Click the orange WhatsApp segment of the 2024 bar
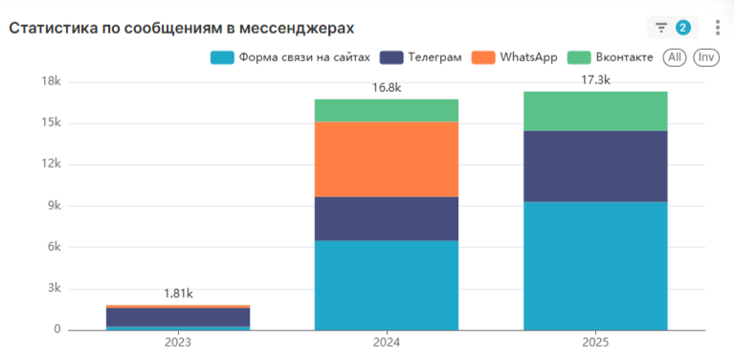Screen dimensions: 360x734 click(x=387, y=159)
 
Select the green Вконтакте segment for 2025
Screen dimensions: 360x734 click(x=595, y=111)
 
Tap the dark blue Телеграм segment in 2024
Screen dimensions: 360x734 click(x=387, y=218)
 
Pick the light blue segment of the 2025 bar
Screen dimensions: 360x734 click(x=595, y=265)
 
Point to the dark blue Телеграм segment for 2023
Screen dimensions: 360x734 click(x=178, y=317)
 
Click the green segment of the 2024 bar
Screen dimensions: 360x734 click(x=387, y=110)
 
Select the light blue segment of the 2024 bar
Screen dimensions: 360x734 click(x=387, y=284)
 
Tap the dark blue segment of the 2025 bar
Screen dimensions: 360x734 click(x=595, y=166)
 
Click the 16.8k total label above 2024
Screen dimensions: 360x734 click(x=387, y=88)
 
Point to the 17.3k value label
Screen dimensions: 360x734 click(x=595, y=80)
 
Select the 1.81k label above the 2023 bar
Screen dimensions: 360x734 click(x=178, y=294)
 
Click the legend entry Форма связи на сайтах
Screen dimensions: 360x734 click(x=290, y=57)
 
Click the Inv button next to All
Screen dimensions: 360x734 click(x=706, y=57)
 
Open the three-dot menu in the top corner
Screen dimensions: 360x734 click(x=718, y=28)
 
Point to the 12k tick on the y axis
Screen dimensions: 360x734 click(x=48, y=165)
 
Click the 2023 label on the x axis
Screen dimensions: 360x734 click(x=178, y=342)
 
